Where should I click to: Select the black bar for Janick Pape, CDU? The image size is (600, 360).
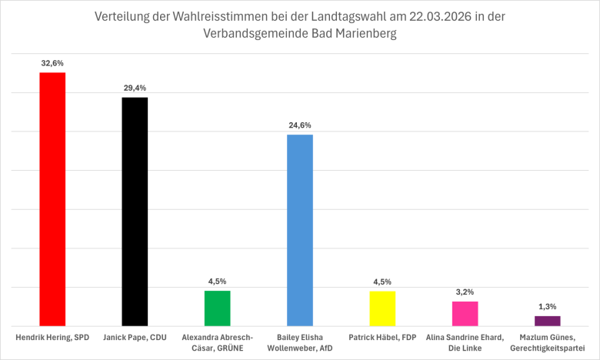pyautogui.click(x=135, y=212)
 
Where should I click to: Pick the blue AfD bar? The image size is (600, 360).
pyautogui.click(x=300, y=230)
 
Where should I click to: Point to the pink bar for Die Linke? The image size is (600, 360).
pyautogui.click(x=465, y=313)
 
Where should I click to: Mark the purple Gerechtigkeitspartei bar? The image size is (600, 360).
pyautogui.click(x=547, y=320)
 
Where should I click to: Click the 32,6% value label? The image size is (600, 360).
pyautogui.click(x=52, y=63)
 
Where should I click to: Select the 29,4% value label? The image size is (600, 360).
pyautogui.click(x=135, y=88)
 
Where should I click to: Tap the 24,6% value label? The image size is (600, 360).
pyautogui.click(x=300, y=125)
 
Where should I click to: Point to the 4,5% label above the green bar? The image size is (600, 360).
pyautogui.click(x=217, y=281)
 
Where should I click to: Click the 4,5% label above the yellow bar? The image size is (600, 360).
pyautogui.click(x=382, y=281)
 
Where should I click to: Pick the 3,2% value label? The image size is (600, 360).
pyautogui.click(x=465, y=292)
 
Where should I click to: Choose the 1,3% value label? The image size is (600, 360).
pyautogui.click(x=547, y=306)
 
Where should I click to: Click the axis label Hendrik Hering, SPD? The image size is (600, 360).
pyautogui.click(x=52, y=338)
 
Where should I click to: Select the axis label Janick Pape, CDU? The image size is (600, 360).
pyautogui.click(x=135, y=338)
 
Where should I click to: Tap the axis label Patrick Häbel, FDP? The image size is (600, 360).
pyautogui.click(x=382, y=338)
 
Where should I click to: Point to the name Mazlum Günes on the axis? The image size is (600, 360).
pyautogui.click(x=547, y=338)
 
